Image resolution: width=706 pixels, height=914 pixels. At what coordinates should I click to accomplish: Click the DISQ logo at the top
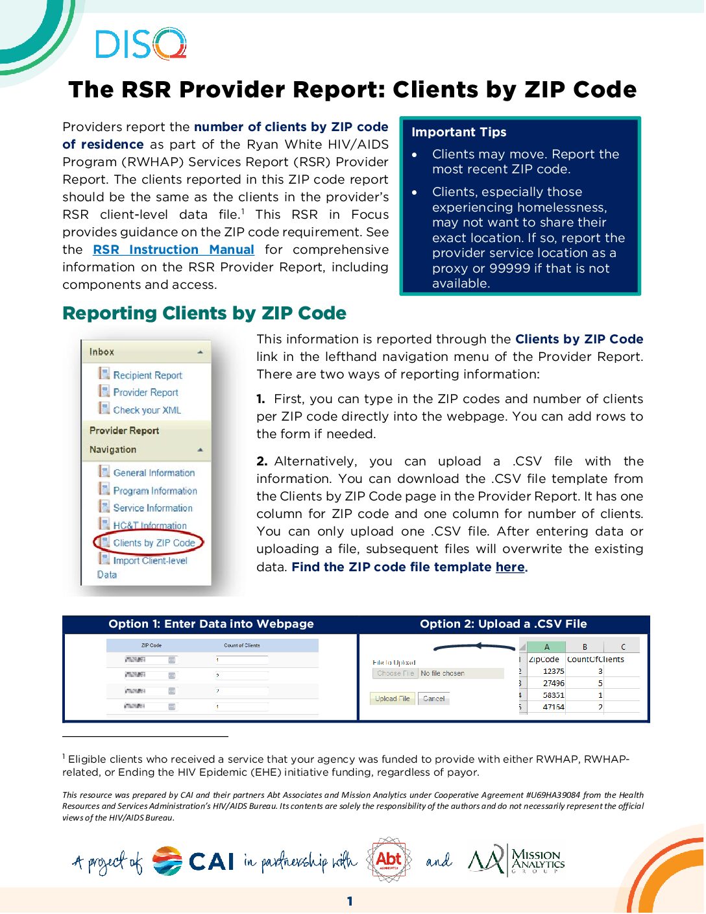(x=141, y=43)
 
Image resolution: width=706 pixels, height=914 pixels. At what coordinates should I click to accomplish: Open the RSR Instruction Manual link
(x=173, y=250)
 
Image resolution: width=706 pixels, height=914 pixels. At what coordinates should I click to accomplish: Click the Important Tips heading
(x=459, y=132)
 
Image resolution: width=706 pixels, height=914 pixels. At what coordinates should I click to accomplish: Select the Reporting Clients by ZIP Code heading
(x=204, y=314)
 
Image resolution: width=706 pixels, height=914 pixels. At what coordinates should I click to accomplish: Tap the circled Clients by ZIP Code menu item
(x=153, y=543)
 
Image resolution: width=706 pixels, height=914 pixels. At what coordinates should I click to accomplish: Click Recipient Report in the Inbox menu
(x=147, y=375)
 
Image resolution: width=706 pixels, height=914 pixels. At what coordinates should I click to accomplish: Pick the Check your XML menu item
(x=147, y=410)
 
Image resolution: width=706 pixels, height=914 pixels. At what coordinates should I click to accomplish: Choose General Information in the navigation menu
(x=154, y=473)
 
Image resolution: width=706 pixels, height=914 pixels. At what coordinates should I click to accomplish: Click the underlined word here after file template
(x=510, y=567)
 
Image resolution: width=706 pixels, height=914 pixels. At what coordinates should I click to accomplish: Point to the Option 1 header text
(x=211, y=624)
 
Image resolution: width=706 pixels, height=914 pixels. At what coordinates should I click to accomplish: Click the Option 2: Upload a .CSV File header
(x=503, y=624)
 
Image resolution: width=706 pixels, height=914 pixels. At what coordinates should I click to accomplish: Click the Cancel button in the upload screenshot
(x=433, y=698)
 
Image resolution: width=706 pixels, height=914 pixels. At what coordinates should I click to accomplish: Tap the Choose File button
(x=395, y=673)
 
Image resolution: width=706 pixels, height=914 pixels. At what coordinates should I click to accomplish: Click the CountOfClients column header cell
(x=595, y=659)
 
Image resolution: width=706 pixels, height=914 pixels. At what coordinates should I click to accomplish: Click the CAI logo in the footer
(x=193, y=861)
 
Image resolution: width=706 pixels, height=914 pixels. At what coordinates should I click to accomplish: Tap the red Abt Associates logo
(x=389, y=860)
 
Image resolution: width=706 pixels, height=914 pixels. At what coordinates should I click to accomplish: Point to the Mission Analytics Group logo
(x=517, y=861)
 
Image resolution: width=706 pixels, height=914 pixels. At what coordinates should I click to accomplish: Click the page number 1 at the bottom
(x=350, y=901)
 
